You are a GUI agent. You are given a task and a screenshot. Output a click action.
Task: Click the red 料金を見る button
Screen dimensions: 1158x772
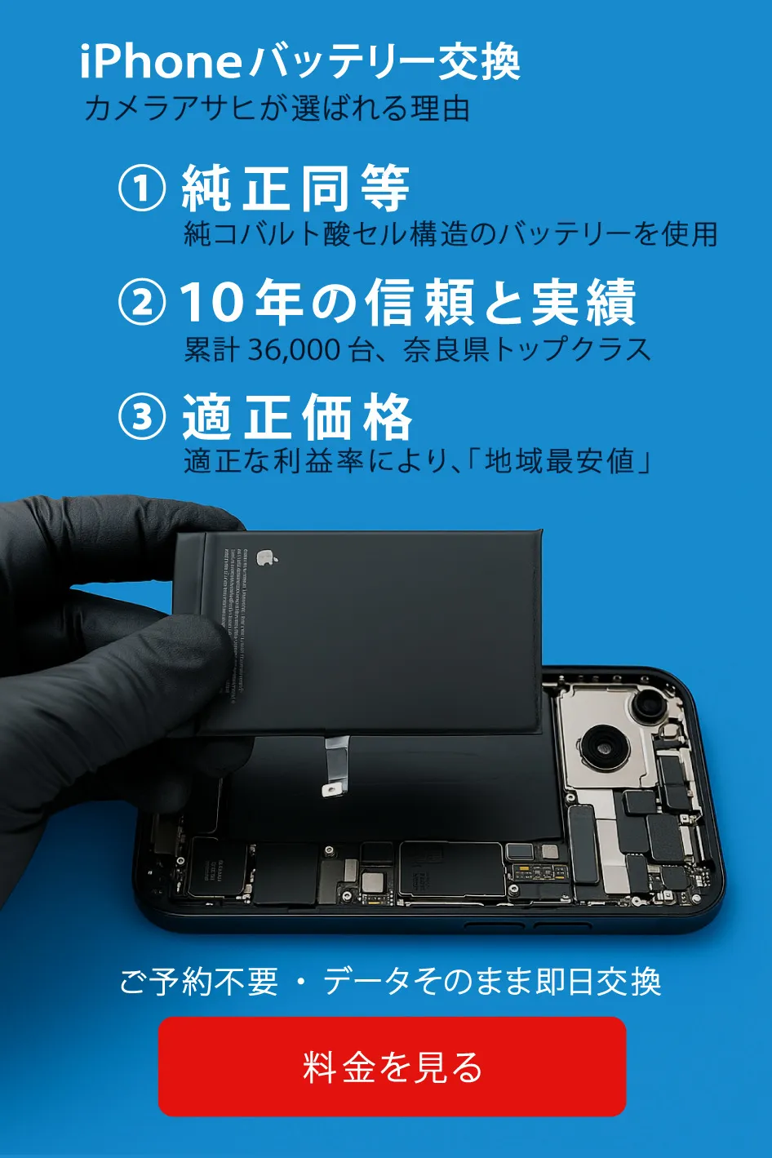[392, 1066]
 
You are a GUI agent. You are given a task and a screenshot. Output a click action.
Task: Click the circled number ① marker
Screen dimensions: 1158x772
[142, 188]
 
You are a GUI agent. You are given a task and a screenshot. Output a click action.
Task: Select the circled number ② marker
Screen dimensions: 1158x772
[142, 302]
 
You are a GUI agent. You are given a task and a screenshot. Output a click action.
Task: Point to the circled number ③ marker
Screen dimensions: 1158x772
[142, 416]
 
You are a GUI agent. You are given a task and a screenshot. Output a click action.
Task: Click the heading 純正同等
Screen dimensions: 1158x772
[295, 188]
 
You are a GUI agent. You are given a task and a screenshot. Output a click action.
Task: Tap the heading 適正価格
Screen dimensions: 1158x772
[297, 416]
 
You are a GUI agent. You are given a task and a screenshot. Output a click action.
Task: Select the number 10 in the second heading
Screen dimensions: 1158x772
[211, 302]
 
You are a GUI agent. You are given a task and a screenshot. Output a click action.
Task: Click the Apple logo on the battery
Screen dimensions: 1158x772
[265, 558]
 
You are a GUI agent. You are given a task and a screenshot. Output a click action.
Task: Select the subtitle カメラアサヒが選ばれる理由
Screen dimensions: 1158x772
[277, 109]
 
